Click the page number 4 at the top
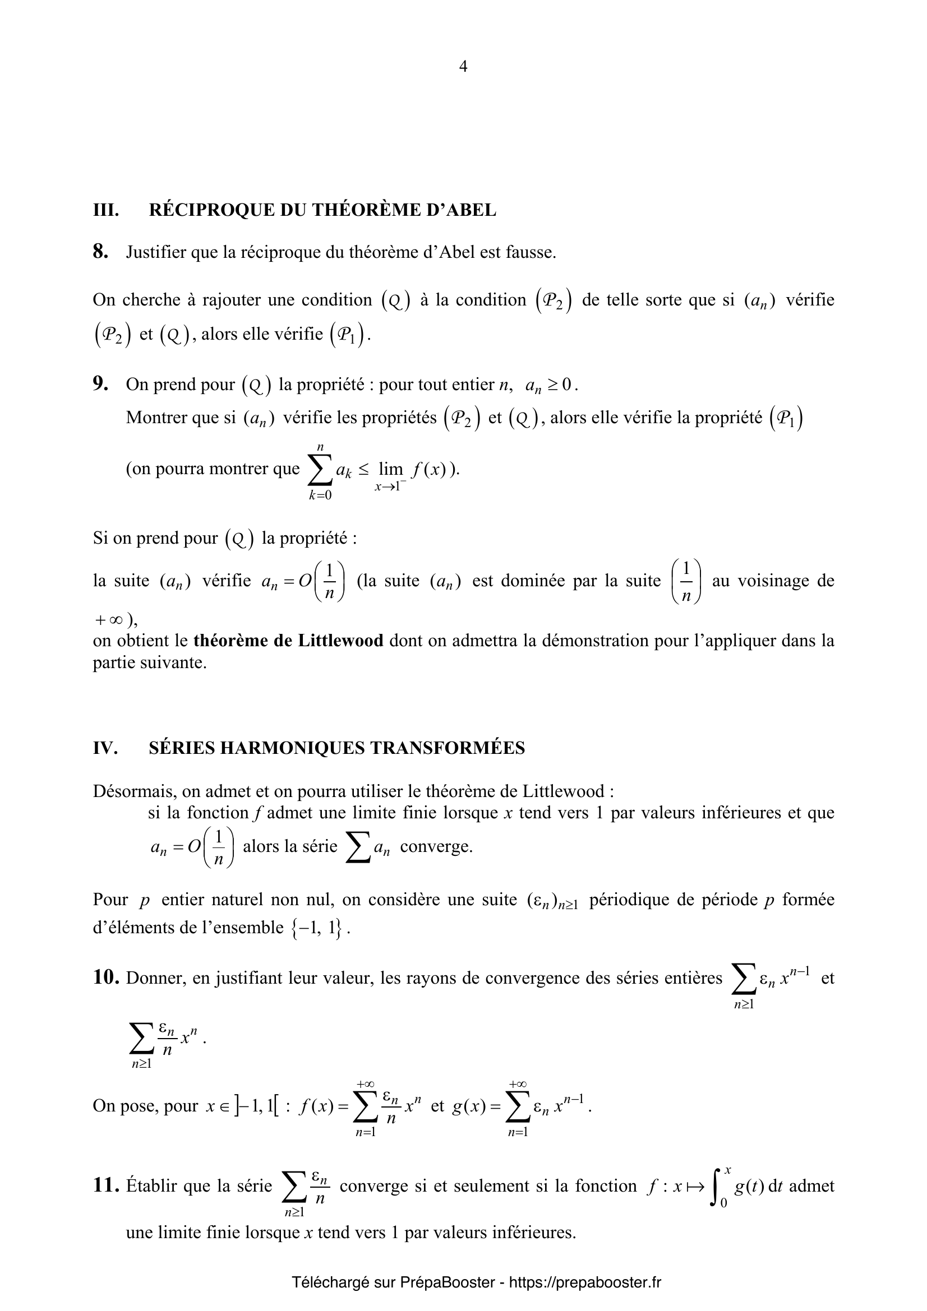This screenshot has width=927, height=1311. click(x=463, y=67)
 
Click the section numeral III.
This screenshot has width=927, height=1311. click(x=105, y=210)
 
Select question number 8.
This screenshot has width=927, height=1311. click(x=100, y=252)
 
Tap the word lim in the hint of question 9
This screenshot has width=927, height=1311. click(x=391, y=469)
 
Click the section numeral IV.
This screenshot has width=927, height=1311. click(x=105, y=748)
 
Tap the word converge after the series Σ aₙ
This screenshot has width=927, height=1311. click(x=436, y=846)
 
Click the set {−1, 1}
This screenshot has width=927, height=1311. click(x=316, y=928)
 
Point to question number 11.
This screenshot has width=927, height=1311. click(x=106, y=1186)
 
